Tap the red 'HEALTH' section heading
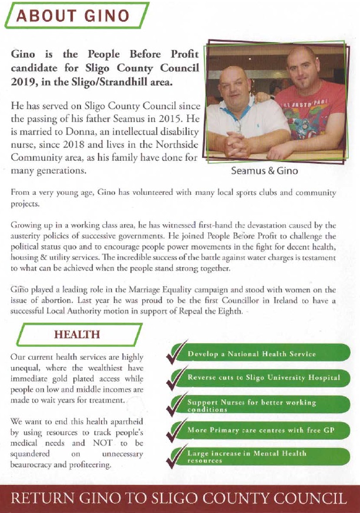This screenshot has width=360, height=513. coord(77,335)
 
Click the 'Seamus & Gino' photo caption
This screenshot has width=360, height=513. coord(265,171)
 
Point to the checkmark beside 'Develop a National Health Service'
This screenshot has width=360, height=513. coord(177,352)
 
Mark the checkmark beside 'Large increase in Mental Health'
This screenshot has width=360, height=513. coord(177,456)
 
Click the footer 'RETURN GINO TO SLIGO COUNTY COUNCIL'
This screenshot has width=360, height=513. coord(180,499)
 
